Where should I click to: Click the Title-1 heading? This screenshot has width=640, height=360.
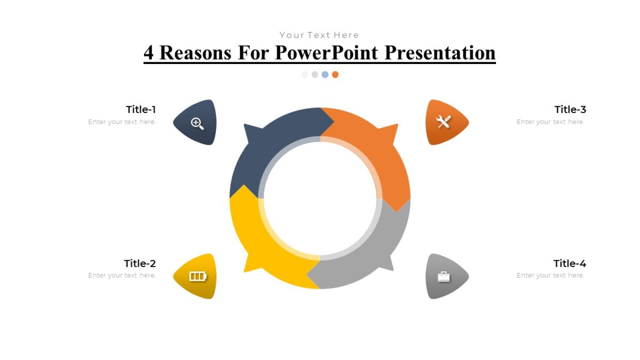tap(141, 109)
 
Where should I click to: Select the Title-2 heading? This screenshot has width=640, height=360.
tap(140, 263)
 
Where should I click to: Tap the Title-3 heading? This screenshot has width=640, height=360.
tap(570, 109)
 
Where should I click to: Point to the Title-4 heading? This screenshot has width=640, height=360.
tap(570, 263)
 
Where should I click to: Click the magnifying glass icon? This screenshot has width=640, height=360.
tap(197, 123)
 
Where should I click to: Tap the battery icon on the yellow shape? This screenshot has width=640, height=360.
tap(197, 276)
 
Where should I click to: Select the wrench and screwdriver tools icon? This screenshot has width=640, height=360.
tap(443, 122)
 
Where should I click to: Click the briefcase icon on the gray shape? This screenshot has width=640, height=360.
tap(444, 276)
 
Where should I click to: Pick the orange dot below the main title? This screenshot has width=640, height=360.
tap(335, 75)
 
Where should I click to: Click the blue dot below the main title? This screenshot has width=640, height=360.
tap(325, 75)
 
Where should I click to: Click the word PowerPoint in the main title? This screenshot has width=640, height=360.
tap(327, 53)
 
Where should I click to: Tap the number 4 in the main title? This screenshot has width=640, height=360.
tap(149, 53)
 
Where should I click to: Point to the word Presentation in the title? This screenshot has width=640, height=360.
tap(440, 53)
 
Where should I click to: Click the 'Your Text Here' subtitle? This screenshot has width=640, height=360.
tap(319, 35)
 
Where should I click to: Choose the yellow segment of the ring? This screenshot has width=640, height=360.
tap(256, 240)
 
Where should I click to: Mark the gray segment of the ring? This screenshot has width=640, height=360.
tap(373, 251)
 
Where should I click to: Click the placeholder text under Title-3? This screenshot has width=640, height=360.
tap(550, 122)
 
